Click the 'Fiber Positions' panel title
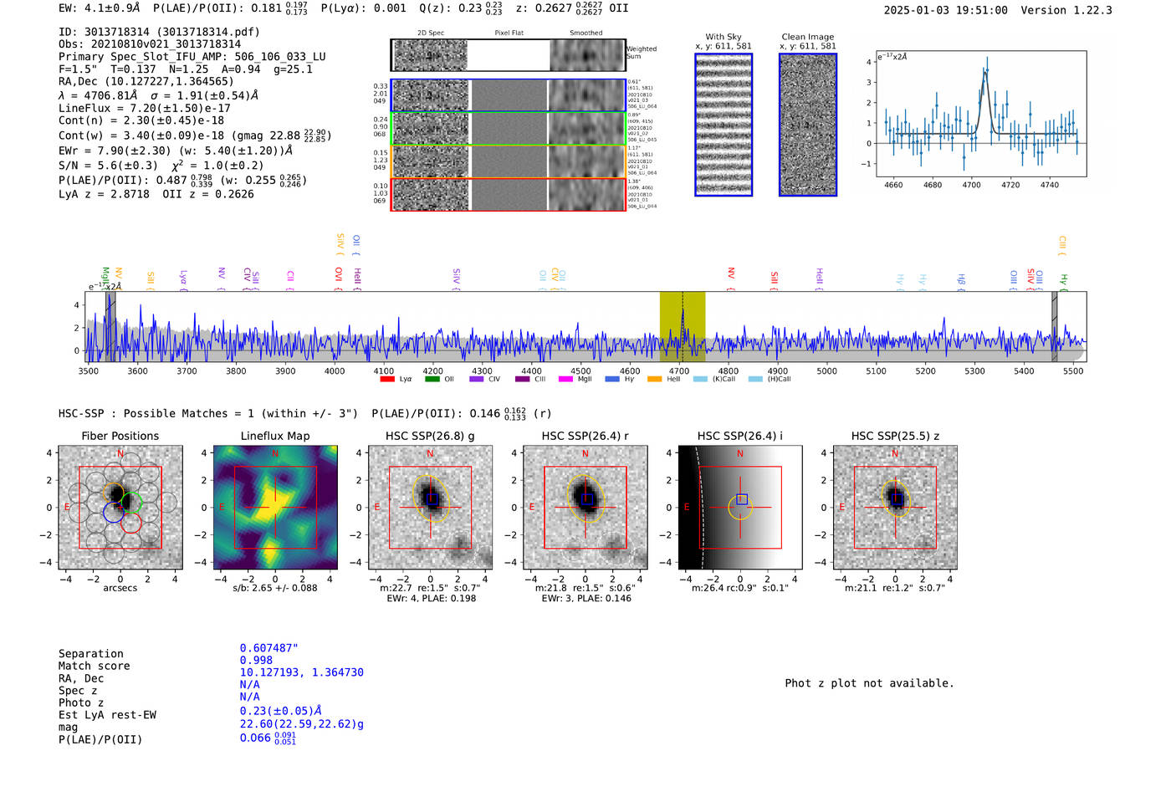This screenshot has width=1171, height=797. pos(120,436)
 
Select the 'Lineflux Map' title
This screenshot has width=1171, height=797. pos(274,436)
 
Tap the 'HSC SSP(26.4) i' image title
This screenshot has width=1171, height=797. pos(739,436)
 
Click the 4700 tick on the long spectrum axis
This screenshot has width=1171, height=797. pos(679,370)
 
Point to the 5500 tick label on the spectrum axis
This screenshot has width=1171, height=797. pos(1073,370)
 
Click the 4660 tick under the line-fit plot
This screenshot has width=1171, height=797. pos(893,185)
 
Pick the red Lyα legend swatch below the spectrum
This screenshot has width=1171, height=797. pos(387,379)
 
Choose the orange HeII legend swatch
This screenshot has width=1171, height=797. pos(654,379)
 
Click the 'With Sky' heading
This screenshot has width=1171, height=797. pos(723,37)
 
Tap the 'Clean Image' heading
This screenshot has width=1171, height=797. pos(807,37)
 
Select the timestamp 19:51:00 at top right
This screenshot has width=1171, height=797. pos(979,10)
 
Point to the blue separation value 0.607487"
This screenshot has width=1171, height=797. pos(268,648)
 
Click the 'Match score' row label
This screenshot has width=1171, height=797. pos(94,666)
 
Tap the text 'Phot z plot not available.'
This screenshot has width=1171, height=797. pos(869,683)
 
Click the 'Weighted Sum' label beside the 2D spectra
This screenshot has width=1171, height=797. pos(641,53)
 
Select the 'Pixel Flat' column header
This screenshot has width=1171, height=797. pos(509,33)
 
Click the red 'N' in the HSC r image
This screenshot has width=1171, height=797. pos(585,453)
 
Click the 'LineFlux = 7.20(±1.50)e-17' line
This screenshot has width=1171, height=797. pos(144,108)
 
